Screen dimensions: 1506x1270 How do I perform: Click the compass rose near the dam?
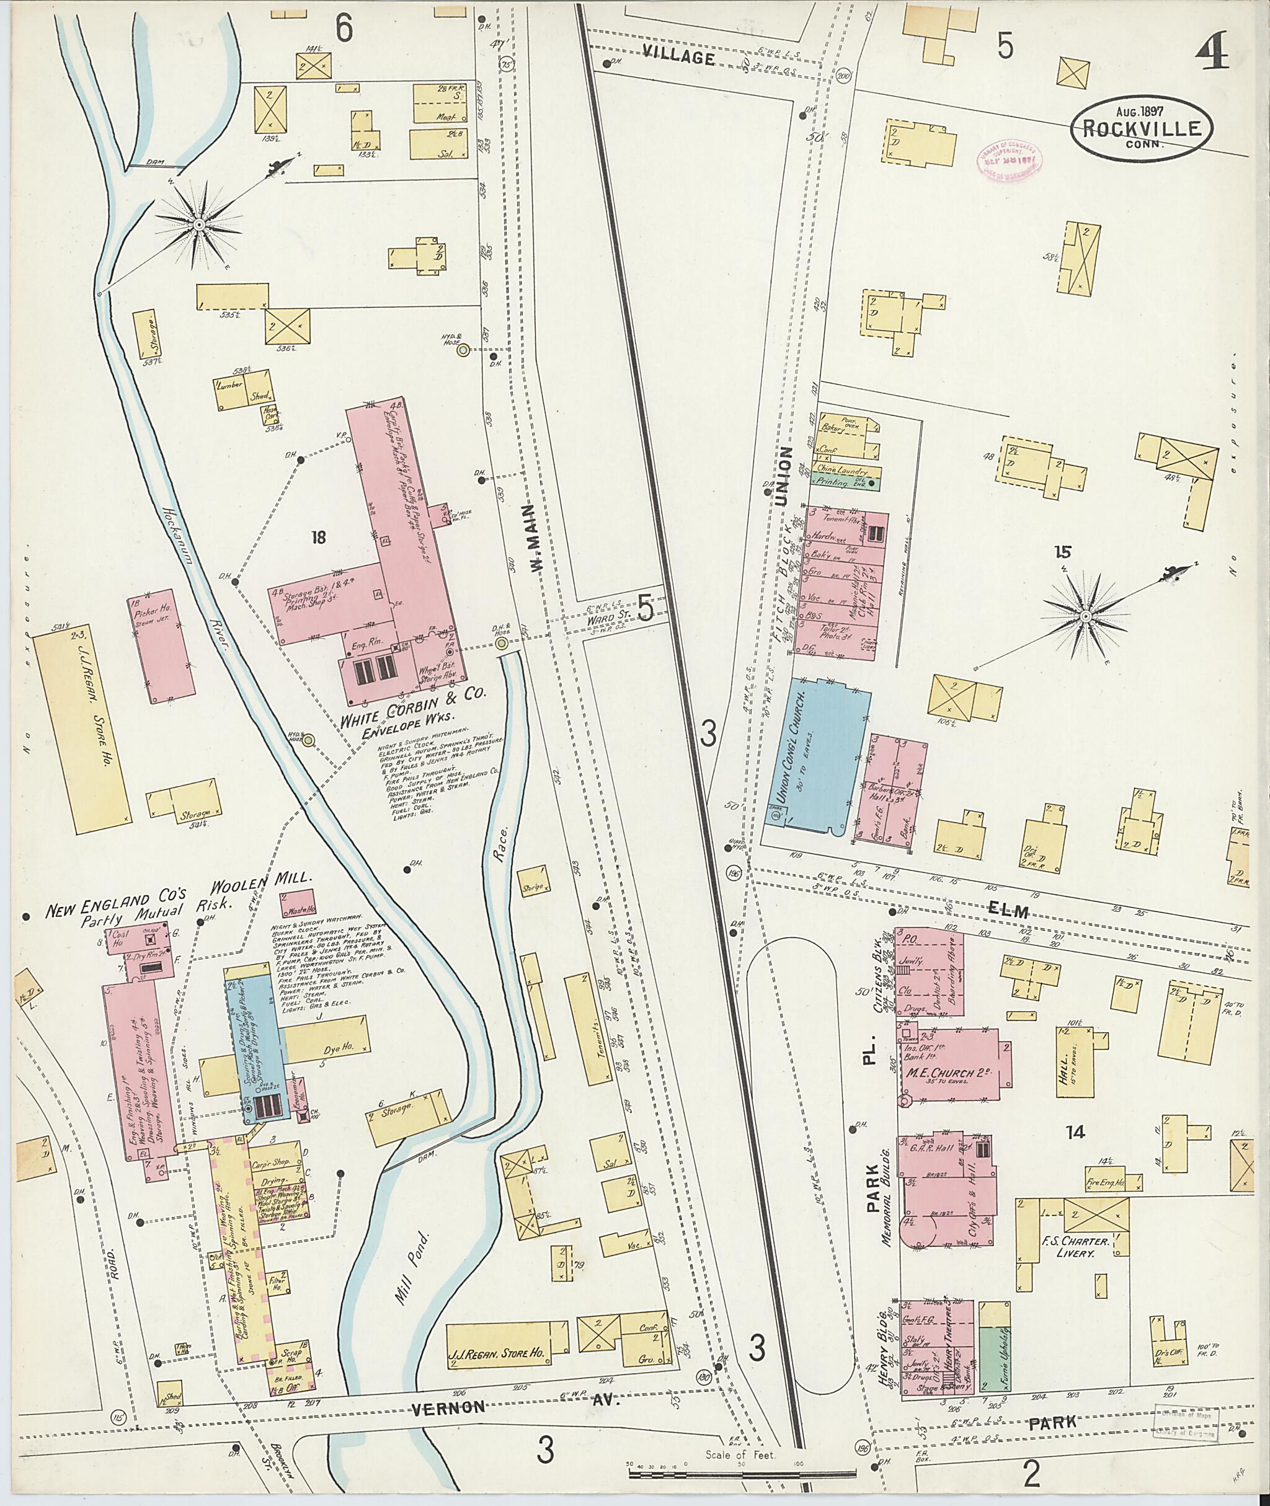coord(198,225)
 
